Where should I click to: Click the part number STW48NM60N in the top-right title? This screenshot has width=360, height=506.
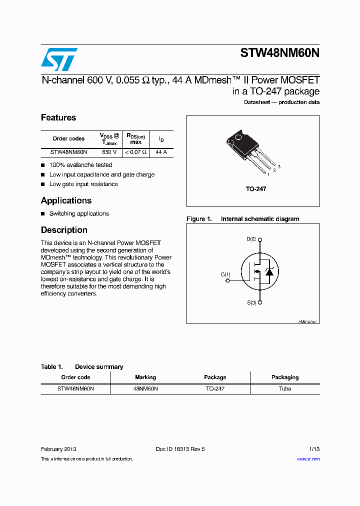tap(279, 53)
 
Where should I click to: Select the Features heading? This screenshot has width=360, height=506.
tap(58, 117)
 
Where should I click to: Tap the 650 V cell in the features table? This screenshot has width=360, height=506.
tap(109, 152)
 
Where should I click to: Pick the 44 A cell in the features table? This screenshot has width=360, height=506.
tap(161, 152)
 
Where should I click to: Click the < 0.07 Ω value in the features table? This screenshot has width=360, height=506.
tap(135, 152)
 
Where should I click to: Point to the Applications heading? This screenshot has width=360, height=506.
tap(66, 200)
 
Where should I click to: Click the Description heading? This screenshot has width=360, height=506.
tap(64, 230)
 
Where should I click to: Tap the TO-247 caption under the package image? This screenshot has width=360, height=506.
tap(255, 189)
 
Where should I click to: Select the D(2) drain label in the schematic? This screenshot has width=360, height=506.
tap(251, 239)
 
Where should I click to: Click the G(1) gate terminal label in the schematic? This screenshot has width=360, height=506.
tap(226, 274)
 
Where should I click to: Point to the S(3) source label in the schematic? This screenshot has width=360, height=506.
tap(251, 303)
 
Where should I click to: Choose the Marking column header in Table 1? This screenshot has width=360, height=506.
tap(145, 377)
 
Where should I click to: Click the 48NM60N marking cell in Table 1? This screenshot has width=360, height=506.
tap(145, 388)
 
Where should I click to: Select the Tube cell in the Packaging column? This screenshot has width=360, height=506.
tap(285, 388)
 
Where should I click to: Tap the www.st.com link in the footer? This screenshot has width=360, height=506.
tap(308, 459)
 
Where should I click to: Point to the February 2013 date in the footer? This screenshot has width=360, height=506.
tap(58, 449)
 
